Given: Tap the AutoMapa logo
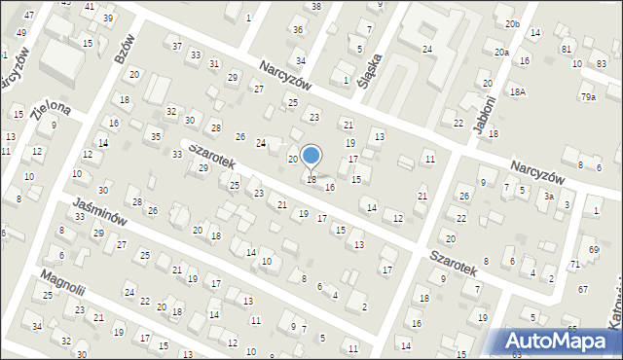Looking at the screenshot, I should point(559,341).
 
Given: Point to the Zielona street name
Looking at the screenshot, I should point(50,112).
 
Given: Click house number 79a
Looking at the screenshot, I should point(588,97).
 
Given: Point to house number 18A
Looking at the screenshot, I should point(519,91).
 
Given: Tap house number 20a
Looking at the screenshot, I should point(501,53).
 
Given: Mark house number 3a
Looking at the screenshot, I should point(549,197).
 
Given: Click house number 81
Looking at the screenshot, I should point(566,49).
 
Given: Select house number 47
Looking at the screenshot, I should point(29,16).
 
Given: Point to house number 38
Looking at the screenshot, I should point(316,7).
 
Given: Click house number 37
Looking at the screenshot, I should point(176,46).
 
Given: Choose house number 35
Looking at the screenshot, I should point(156,137).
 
